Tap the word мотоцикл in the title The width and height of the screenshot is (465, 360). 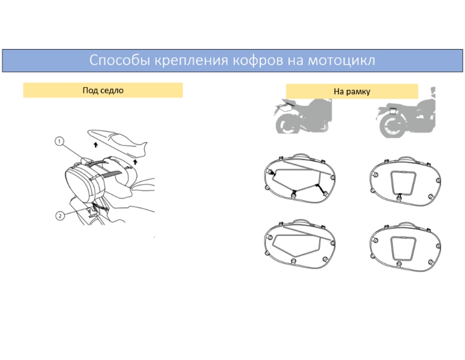(x=341, y=60)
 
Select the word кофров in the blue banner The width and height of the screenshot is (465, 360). (x=258, y=61)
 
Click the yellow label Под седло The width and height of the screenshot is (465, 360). (x=103, y=90)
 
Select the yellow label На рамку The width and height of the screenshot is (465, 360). (x=352, y=91)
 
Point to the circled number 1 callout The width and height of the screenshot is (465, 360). (x=59, y=142)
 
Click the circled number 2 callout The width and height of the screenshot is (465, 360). (x=60, y=215)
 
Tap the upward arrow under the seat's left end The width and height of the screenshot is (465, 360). (x=96, y=145)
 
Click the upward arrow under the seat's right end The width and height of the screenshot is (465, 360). (x=135, y=162)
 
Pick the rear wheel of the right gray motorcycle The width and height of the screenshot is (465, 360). (x=392, y=126)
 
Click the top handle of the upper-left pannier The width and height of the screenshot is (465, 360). (x=301, y=155)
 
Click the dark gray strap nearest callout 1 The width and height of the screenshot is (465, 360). (x=95, y=163)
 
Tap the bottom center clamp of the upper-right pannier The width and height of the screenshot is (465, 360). (x=400, y=197)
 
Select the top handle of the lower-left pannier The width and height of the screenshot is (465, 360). (x=301, y=222)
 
